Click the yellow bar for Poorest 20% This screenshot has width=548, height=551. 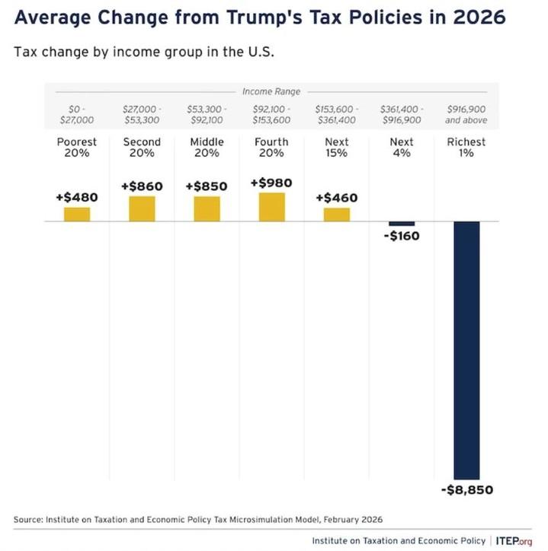coord(77,215)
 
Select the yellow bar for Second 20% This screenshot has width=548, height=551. coord(142,209)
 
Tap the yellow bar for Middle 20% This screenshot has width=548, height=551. coord(207,209)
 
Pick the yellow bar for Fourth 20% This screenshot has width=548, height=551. coord(271,207)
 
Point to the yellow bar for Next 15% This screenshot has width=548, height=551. coord(337,215)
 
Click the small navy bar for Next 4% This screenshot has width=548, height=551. coord(402,224)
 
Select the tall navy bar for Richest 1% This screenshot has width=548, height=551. coord(466,350)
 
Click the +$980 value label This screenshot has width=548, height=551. coord(271,183)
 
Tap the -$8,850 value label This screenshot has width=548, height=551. coord(467,489)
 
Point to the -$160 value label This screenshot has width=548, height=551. coord(402,235)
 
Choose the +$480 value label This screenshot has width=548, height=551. coord(77,197)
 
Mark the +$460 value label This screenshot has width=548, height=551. coord(337,198)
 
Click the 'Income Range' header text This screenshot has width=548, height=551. coord(271,91)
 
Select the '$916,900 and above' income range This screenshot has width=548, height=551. coord(466,115)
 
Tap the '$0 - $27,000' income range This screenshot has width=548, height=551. coord(77,115)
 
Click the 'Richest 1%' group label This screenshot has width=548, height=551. coord(466,147)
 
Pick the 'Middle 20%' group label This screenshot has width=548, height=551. coord(207,147)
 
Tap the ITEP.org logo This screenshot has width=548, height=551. coord(514,540)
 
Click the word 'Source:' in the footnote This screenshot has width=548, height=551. coord(28,519)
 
